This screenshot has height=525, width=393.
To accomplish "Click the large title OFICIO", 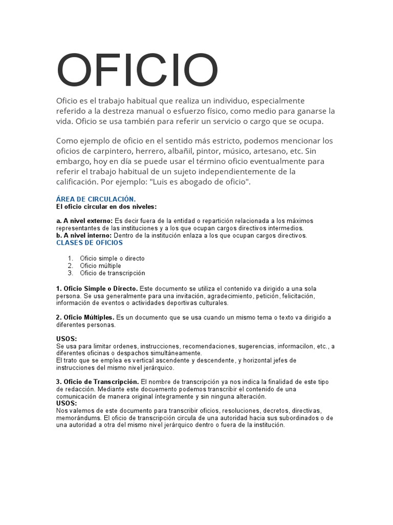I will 137,71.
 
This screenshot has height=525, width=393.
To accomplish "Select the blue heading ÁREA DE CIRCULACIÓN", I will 96,199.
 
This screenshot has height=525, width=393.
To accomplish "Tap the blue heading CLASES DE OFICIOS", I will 90,243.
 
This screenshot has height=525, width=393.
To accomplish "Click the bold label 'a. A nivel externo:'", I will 84,221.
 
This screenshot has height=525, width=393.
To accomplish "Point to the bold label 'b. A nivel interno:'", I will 84,235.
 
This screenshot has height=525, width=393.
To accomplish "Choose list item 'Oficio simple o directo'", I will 112,258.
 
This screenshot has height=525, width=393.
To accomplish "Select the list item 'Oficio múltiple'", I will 101,266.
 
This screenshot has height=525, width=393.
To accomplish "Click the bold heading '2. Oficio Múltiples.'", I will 85,317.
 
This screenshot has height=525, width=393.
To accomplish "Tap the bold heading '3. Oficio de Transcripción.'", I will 97,382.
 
